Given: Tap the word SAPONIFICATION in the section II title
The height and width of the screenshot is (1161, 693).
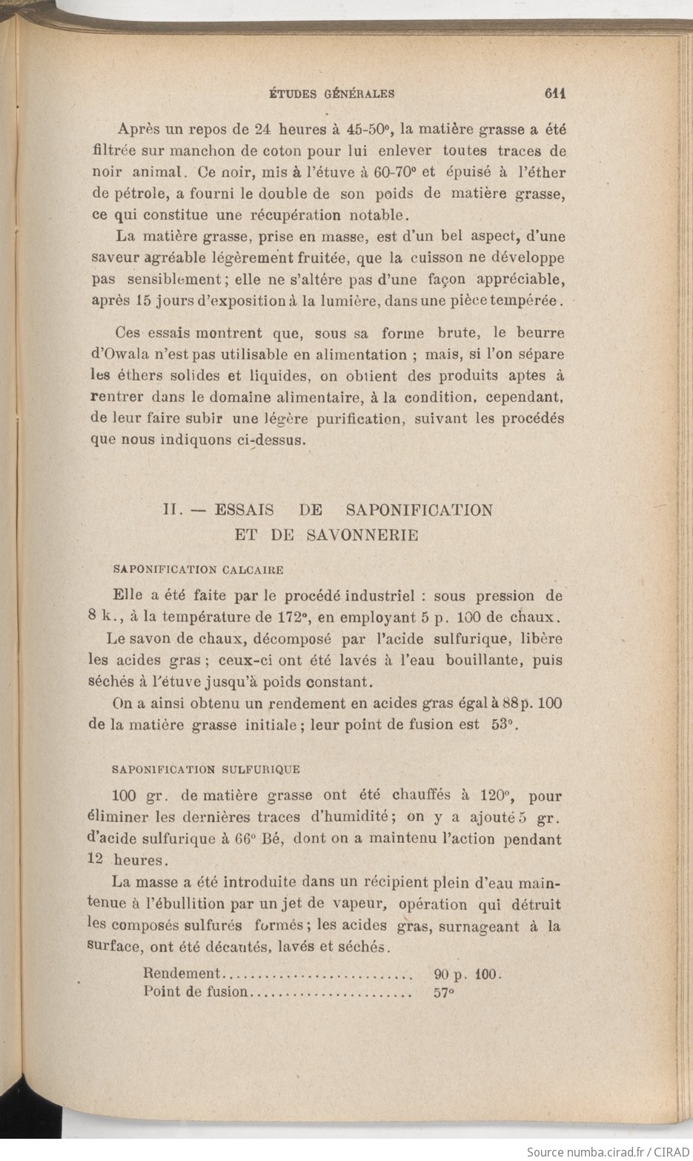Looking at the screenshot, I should (x=420, y=510).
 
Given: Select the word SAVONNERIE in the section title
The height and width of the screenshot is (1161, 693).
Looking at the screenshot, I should (x=362, y=535).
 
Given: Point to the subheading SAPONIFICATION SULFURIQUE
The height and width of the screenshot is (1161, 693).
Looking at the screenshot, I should (x=205, y=770).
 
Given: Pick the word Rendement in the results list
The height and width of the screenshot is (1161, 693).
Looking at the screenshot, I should (x=182, y=973).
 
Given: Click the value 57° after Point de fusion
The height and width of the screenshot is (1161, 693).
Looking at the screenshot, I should (x=442, y=992).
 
